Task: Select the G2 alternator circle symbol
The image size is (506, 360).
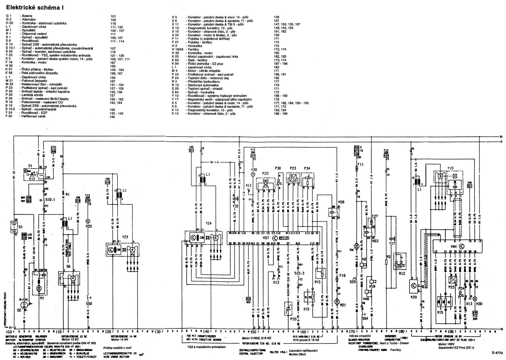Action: [24, 304]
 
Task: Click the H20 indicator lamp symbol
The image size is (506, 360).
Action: [88, 221]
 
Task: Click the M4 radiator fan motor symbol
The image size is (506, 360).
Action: [356, 247]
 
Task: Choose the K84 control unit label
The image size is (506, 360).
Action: [453, 247]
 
